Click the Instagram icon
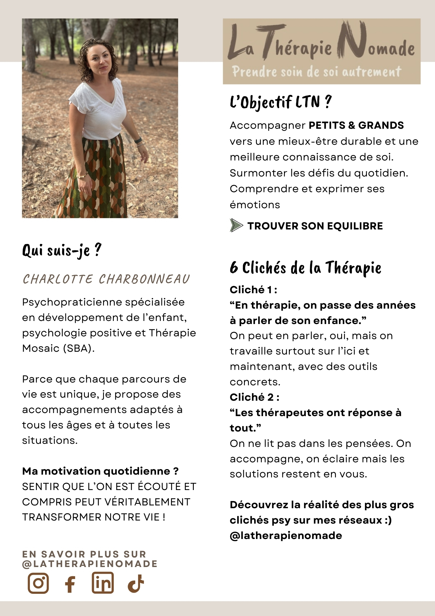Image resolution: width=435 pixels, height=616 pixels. (x=38, y=583)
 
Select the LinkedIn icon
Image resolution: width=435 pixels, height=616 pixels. (x=103, y=583)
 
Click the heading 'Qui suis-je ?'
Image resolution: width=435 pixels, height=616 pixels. (x=62, y=250)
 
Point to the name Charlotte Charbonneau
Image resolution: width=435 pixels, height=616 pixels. (x=106, y=279)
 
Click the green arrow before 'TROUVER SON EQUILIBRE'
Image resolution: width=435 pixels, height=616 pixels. (x=236, y=225)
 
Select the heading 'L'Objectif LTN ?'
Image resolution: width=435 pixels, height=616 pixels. (x=281, y=102)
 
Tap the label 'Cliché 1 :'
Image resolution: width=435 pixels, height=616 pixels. (x=253, y=290)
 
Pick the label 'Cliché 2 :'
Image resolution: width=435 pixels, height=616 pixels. (x=254, y=397)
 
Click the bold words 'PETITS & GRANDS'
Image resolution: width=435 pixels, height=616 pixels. (x=356, y=125)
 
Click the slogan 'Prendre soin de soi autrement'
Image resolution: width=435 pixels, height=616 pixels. (x=317, y=72)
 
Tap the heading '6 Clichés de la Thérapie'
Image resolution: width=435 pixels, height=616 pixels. (x=305, y=267)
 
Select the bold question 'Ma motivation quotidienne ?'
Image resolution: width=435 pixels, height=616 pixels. (x=100, y=471)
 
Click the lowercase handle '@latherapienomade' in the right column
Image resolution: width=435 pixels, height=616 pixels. (x=286, y=536)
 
